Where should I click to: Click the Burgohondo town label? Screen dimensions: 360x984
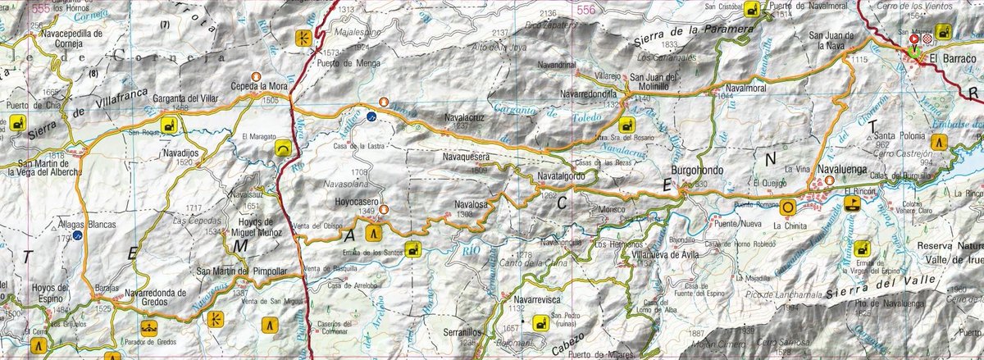click(x=697, y=171)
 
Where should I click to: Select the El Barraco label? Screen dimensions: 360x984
click(x=950, y=58)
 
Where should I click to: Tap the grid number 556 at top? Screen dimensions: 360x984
click(x=585, y=10)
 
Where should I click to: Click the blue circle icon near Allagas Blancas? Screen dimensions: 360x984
click(x=77, y=235)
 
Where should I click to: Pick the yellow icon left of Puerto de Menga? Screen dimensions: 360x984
click(x=303, y=37)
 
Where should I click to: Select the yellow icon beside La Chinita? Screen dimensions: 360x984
click(x=787, y=207)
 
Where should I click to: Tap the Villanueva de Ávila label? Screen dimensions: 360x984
click(x=641, y=253)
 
